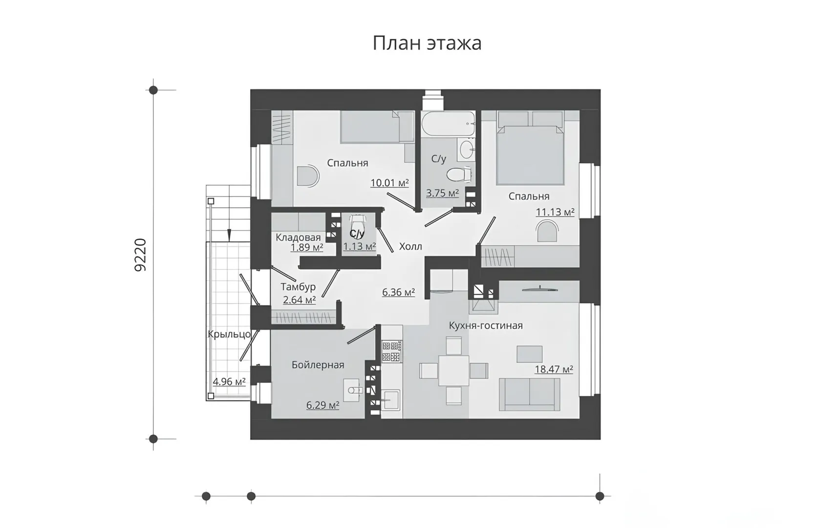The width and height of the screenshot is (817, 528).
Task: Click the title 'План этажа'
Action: (427, 43)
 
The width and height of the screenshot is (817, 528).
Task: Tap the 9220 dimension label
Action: (140, 255)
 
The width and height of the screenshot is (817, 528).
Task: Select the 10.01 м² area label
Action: (389, 182)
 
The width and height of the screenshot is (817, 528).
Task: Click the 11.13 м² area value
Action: (555, 212)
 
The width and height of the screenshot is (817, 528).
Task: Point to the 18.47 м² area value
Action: (554, 369)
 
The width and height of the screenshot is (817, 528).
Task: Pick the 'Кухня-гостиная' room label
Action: (486, 326)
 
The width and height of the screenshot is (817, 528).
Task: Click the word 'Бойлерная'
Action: (318, 365)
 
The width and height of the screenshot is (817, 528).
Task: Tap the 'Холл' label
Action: (410, 247)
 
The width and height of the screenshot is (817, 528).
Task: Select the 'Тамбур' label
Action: (298, 287)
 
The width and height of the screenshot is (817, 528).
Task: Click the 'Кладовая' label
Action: (298, 238)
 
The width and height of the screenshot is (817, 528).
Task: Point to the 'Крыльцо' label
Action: (229, 334)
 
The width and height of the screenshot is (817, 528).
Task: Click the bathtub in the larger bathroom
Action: (449, 123)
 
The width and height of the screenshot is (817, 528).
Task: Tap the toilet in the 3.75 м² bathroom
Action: (459, 174)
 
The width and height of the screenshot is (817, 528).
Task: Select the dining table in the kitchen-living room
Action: (454, 371)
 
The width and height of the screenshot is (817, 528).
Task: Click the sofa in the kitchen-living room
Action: (529, 395)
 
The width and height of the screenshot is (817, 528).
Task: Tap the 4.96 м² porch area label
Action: (229, 382)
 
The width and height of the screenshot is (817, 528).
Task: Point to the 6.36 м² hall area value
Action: (398, 292)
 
